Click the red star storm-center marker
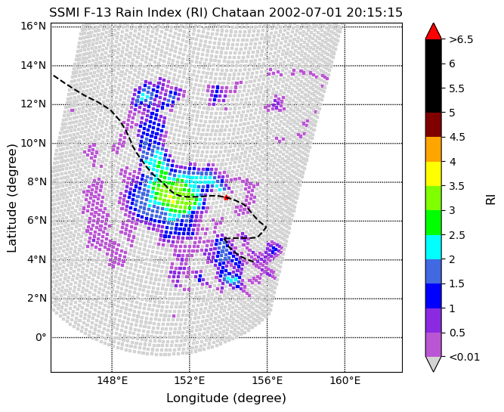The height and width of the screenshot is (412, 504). pos(226,197)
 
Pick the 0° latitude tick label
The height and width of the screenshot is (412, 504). pos(39,337)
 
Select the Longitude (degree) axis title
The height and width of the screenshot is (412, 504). pos(226,398)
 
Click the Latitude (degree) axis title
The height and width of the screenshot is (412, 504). pos(13,198)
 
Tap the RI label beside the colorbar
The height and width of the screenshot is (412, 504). pos(491,198)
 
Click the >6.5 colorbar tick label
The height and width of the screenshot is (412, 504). pos(461,39)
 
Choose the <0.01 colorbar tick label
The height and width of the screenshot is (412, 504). pos(464,357)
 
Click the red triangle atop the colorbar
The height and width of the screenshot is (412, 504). pos(433,32)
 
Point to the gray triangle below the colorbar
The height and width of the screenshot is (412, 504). pos(433,364)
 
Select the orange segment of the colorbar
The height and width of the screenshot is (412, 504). pos(433,149)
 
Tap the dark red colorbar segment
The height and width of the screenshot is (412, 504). pos(433,125)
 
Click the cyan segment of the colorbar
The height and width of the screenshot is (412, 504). pos(433,246)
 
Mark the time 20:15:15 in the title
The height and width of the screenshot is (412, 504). pos(373,13)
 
